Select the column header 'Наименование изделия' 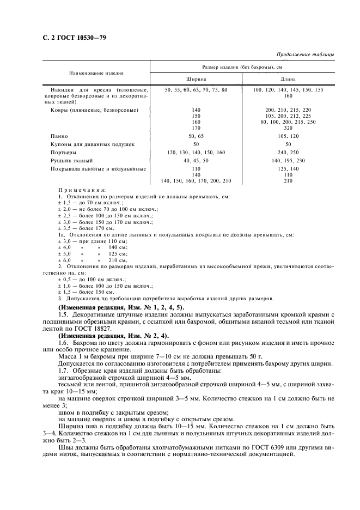(x=96, y=72)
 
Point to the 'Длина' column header (x=288, y=79)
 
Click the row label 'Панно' (x=59, y=136)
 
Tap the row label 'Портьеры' (x=63, y=153)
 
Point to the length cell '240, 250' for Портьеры (x=288, y=153)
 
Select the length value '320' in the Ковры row (x=288, y=128)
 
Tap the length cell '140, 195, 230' (x=288, y=161)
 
